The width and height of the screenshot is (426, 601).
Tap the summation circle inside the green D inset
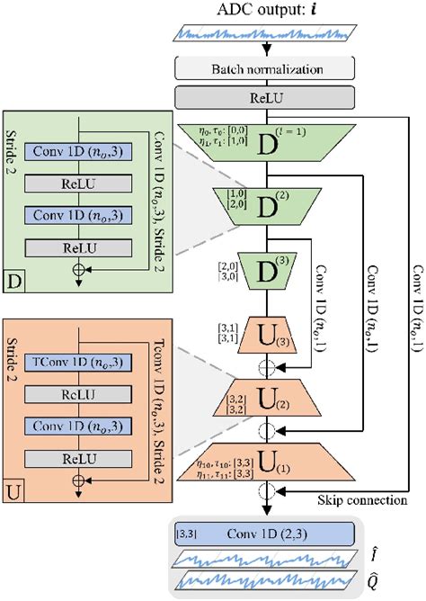(80, 270)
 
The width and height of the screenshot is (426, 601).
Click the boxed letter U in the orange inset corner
(14, 493)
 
